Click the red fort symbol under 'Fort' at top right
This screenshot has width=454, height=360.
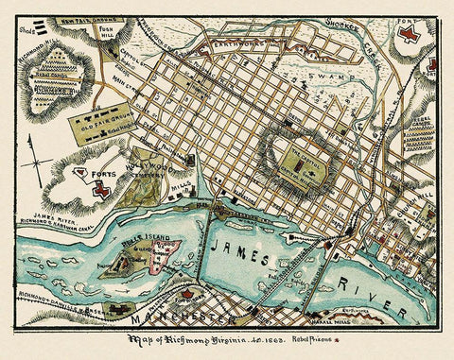pos(409,34)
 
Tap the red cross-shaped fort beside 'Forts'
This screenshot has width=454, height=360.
pos(99,190)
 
